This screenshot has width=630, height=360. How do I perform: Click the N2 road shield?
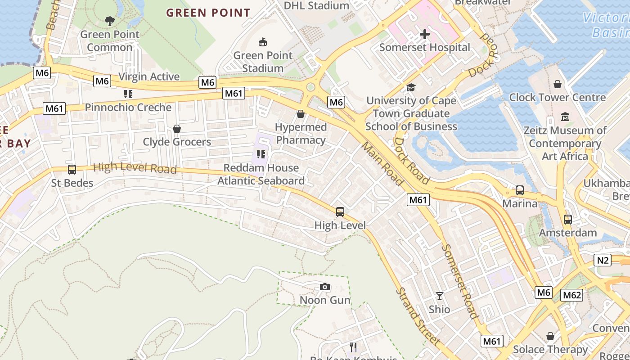pos(603,260)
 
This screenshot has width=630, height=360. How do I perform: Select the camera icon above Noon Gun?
pos(325,287)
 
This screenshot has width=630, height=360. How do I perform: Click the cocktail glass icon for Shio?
pos(439,296)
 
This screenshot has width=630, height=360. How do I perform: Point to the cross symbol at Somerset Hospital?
pos(424,34)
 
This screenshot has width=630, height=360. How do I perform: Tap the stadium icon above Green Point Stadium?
pos(263,42)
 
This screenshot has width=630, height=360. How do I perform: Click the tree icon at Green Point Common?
pos(109,21)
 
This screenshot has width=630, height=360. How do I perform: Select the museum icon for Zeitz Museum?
pos(565,117)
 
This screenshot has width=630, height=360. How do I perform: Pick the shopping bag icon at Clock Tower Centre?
pos(558,84)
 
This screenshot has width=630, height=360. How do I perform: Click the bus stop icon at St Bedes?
pos(72,170)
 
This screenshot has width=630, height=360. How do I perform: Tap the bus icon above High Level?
pos(340,212)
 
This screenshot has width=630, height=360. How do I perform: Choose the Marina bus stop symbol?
pos(520,190)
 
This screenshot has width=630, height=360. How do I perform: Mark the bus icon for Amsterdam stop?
pos(568,220)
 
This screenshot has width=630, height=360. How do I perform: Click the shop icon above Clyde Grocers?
pos(177,129)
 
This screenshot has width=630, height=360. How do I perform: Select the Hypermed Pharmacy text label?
pos(301,134)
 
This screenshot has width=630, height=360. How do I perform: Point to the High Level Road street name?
pos(135,168)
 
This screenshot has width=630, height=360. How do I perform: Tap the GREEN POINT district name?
pos(208,13)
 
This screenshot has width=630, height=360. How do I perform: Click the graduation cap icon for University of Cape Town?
pos(410,87)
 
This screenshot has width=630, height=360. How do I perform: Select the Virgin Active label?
pos(149,76)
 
